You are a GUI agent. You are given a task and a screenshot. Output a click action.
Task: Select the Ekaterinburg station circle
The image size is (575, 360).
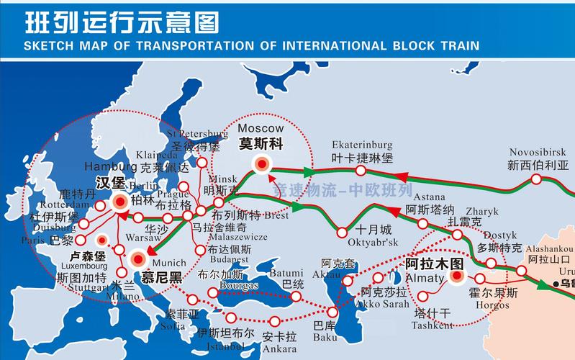click(361, 171)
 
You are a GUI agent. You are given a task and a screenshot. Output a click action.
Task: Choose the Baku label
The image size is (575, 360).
click(324, 336)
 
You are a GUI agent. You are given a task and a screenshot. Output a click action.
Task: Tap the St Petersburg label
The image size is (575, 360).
click(196, 134)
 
